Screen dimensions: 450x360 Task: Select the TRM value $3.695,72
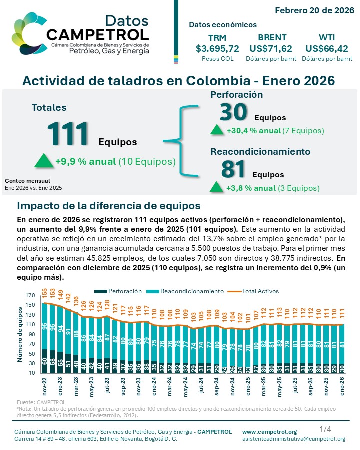217,48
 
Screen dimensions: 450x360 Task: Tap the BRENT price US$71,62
270,48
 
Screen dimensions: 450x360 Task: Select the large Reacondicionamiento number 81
233,170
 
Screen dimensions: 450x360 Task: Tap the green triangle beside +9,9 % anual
43,161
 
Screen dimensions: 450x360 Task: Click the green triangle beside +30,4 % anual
217,130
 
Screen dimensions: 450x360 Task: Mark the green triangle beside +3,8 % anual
217,187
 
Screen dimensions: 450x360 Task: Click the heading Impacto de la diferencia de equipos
109,206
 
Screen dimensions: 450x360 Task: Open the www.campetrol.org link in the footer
269,432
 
